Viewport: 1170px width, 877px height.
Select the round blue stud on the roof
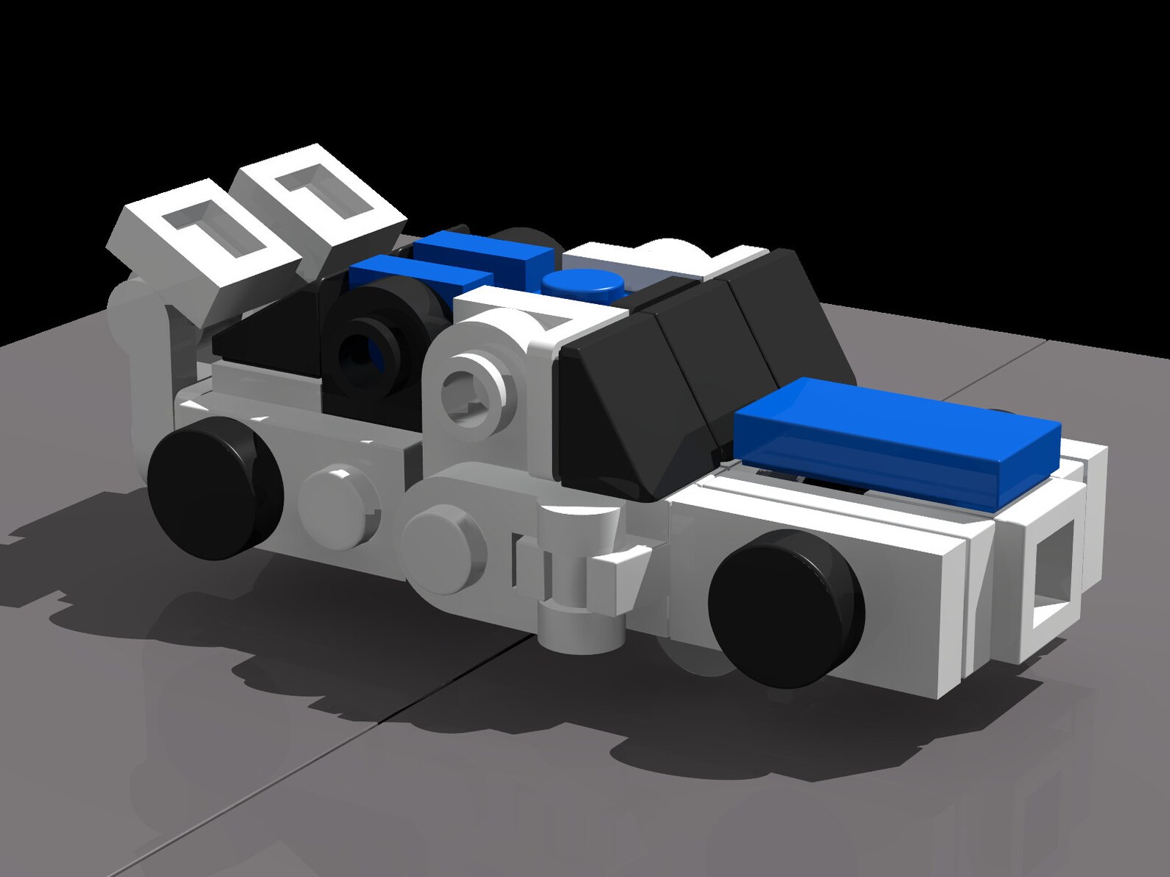coord(581,283)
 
